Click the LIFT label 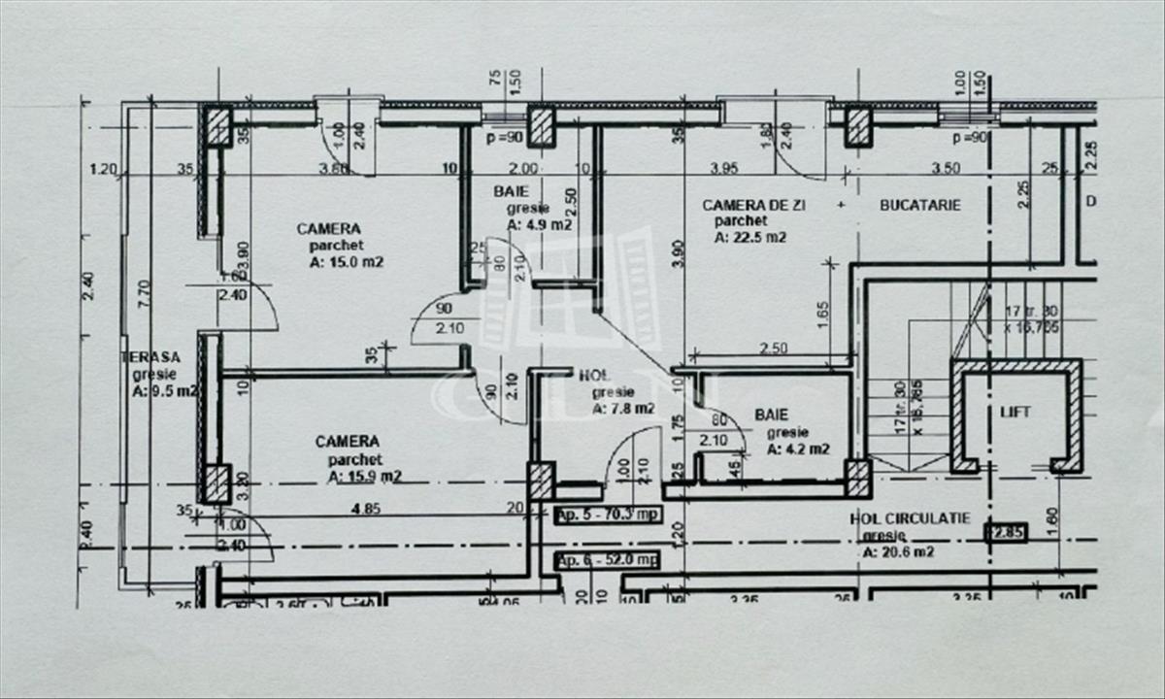click(x=1015, y=413)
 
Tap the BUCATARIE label click(x=919, y=205)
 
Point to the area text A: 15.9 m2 click(x=364, y=477)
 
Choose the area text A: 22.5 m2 click(x=749, y=236)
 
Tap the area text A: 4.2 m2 click(x=798, y=449)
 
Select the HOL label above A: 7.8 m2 click(x=594, y=375)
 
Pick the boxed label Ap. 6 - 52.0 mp click(x=607, y=560)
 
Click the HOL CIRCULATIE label click(x=910, y=519)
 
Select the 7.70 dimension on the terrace click(x=144, y=291)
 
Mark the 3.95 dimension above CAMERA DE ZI click(x=724, y=168)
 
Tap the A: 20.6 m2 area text click(x=898, y=552)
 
